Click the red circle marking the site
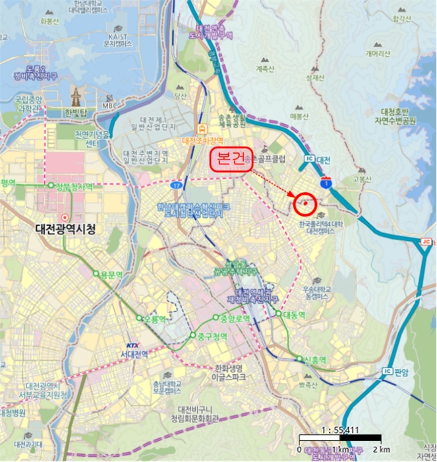click(305, 204)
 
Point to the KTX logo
click(134, 345)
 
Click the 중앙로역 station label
click(235, 319)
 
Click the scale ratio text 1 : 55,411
click(339, 430)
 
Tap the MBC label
click(109, 106)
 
